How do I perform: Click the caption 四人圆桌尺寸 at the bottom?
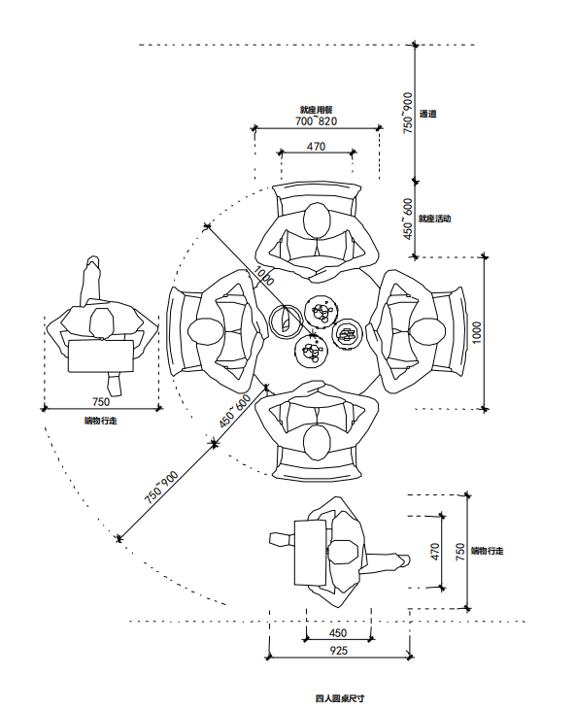click(340, 698)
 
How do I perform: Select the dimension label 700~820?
click(316, 121)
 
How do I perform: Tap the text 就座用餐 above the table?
click(316, 110)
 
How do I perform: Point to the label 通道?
click(427, 114)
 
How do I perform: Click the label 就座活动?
click(434, 219)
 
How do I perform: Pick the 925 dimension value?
click(338, 651)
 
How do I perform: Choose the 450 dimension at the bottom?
click(338, 633)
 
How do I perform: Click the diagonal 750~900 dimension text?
click(161, 488)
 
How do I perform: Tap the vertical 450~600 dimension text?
click(408, 219)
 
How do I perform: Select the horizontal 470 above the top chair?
click(316, 147)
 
